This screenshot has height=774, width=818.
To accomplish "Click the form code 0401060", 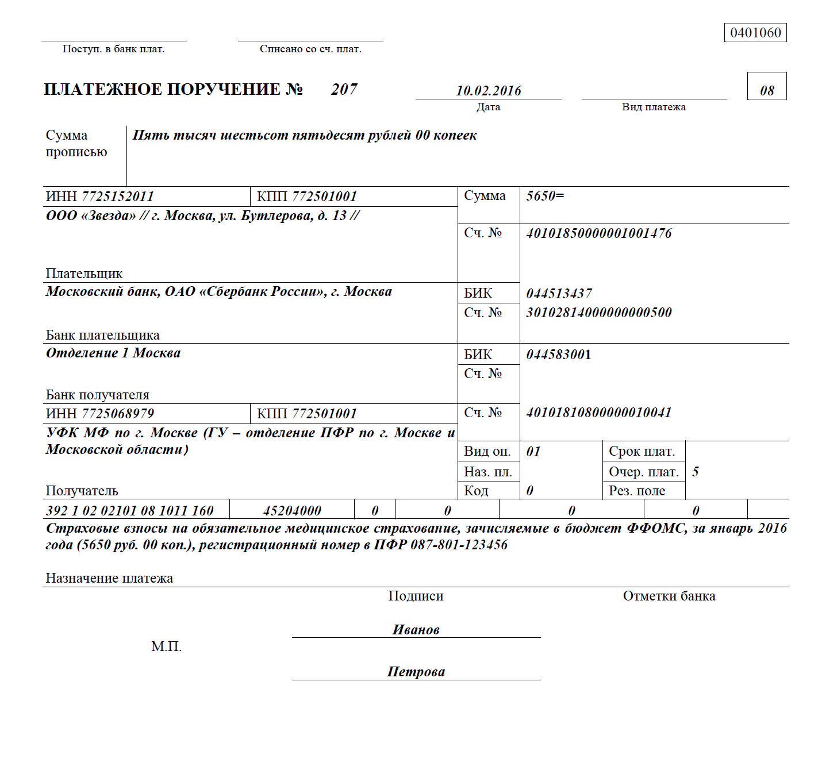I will pos(755,33).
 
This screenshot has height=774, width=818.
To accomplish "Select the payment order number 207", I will pos(344,89).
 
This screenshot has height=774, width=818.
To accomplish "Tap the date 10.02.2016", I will pos(489,91).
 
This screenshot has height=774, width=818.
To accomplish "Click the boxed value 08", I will pos(767,91).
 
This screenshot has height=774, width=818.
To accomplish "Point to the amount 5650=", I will pos(545,196).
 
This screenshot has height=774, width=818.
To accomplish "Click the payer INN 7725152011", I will pos(118,197).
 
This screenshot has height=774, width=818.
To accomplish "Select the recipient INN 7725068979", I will pos(118,414).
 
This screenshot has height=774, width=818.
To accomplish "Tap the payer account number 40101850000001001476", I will pos(598,233).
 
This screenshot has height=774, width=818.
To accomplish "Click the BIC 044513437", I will pos(559,294).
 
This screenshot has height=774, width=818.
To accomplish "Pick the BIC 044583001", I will pos(558,355).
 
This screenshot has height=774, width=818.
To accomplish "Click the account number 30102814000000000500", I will pos(598,313).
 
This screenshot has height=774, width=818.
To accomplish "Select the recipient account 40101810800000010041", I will pos(598,413).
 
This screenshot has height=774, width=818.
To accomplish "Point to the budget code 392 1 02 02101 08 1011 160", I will pos(130,511).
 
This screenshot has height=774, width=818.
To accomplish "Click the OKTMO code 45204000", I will pos(292,511).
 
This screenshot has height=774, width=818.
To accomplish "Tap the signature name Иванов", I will pos(416,630).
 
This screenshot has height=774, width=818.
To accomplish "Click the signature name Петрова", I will pos(416,672).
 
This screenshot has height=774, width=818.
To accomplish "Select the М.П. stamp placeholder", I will pos(166,647).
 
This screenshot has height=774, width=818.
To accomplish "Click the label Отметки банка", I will pos(669,596).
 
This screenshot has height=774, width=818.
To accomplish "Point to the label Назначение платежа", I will pos(109,578).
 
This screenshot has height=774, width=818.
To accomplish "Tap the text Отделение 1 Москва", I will pos(113,353).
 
